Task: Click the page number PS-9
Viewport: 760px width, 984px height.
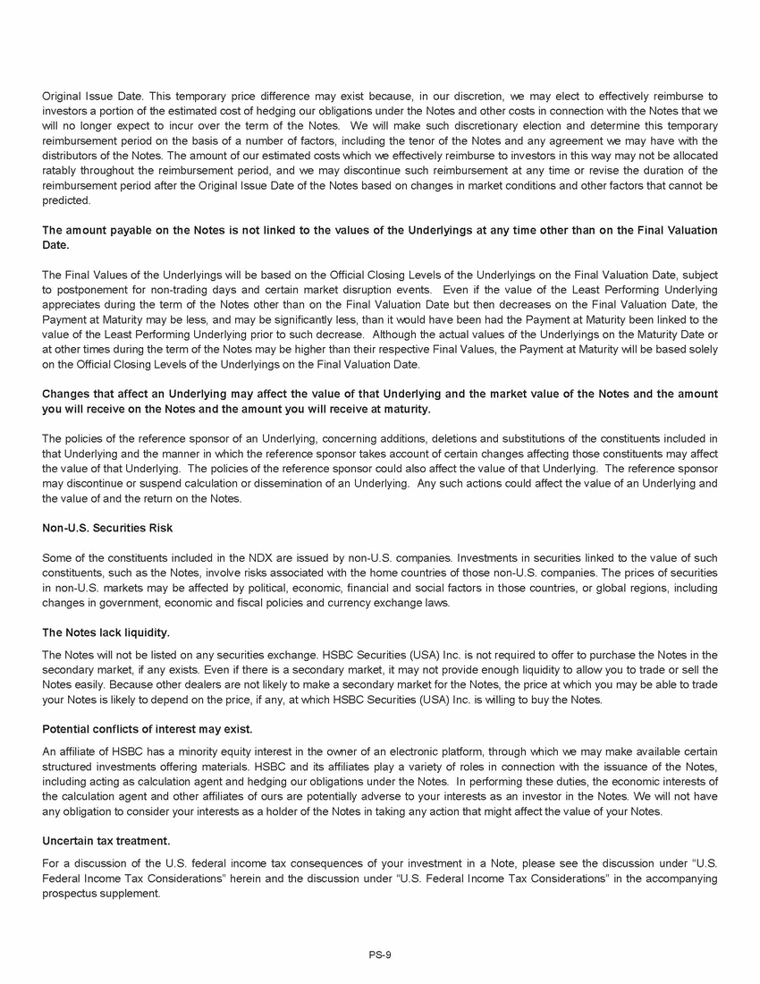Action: pos(379,954)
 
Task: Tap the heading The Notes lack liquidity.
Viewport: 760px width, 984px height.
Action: pos(106,632)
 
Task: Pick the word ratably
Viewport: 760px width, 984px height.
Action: pos(61,170)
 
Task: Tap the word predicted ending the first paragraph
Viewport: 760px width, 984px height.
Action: pos(66,200)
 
